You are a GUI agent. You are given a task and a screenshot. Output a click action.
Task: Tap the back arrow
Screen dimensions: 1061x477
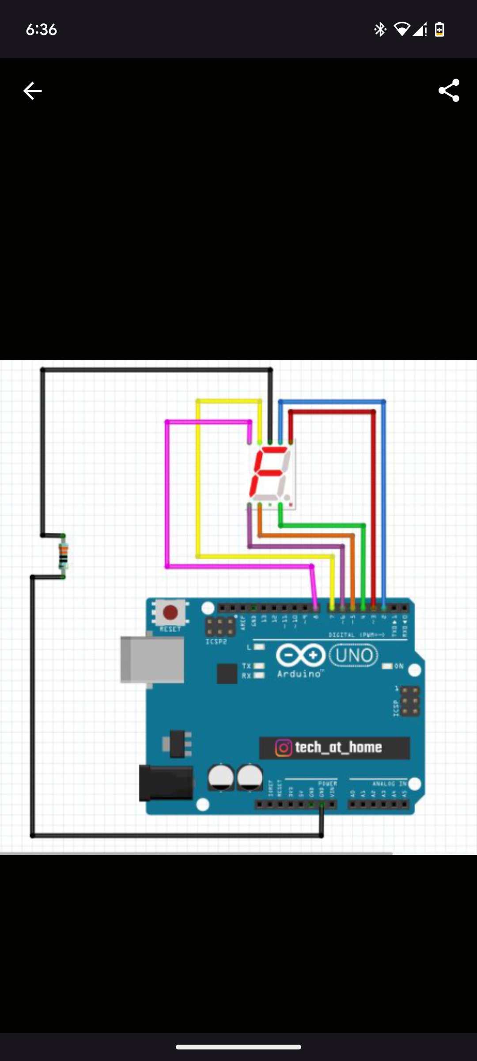[x=32, y=91]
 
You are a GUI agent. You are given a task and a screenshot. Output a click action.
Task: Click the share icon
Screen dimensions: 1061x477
[x=449, y=91]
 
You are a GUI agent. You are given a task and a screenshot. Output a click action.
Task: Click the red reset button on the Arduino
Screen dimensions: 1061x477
[x=170, y=613]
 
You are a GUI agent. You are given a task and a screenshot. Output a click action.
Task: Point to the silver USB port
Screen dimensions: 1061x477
[x=152, y=660]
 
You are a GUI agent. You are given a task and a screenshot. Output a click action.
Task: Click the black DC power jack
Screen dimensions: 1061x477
[x=166, y=783]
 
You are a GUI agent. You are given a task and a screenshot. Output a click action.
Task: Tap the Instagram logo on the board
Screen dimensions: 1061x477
[x=284, y=748]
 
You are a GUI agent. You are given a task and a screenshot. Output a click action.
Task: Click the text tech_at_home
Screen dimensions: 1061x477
[x=338, y=748]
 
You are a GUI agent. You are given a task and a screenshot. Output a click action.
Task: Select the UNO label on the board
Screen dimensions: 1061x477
[x=353, y=655]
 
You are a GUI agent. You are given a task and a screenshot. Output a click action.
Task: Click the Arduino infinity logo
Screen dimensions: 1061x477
[x=301, y=655]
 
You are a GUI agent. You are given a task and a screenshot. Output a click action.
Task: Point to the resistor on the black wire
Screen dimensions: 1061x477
[x=64, y=556]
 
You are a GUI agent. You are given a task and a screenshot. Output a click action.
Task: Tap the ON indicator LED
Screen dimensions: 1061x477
[x=387, y=666]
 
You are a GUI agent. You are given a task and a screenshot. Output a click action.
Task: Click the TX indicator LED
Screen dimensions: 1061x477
[x=259, y=666]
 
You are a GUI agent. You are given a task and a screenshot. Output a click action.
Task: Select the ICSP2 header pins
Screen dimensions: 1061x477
[x=220, y=626]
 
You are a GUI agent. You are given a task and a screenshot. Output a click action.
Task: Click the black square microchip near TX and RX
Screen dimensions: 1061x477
[x=227, y=674]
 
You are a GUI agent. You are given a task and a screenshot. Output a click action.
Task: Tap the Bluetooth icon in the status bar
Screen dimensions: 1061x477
[x=380, y=30]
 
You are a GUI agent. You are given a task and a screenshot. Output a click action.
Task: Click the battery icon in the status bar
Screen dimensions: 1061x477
[x=439, y=30]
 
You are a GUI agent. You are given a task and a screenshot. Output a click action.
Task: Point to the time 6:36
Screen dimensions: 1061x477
[x=41, y=30]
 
